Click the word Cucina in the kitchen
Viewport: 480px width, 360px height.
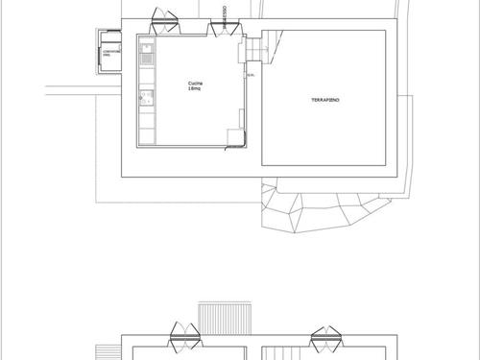click(195, 84)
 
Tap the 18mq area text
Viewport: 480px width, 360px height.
click(195, 89)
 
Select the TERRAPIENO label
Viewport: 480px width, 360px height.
click(325, 100)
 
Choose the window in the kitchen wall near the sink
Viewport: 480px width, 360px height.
click(165, 23)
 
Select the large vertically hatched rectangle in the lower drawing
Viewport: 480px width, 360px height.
click(223, 317)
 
